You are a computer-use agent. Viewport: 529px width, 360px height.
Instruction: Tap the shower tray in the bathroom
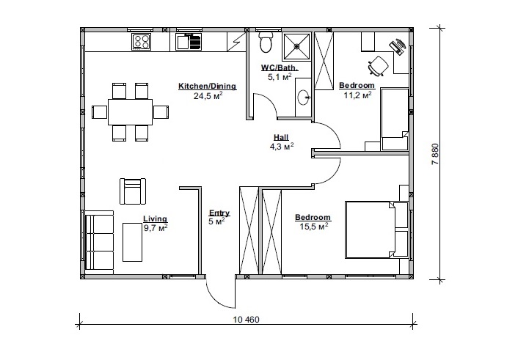coord(297,47)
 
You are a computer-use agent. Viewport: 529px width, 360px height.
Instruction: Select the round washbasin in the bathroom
coord(304,98)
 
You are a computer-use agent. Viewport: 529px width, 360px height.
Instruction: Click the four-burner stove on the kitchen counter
coord(142,42)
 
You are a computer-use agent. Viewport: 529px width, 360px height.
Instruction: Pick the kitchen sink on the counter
coord(189,42)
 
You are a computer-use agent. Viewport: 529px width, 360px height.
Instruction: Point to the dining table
coord(130,112)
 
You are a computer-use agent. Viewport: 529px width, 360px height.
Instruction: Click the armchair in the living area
coord(133,191)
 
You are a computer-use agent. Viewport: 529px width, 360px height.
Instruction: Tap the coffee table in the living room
coord(132,242)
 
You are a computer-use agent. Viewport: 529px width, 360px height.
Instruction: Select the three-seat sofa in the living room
coord(99,243)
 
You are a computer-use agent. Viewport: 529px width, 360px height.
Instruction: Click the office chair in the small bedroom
coord(378,65)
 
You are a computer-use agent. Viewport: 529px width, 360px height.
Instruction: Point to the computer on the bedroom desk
coord(398,46)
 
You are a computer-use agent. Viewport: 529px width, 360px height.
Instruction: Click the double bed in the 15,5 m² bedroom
coord(370,230)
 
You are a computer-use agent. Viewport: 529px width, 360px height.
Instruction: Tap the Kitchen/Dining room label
coord(207,86)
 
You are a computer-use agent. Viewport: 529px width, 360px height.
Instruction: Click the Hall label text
coord(281,137)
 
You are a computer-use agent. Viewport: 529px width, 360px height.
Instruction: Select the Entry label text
coord(219,213)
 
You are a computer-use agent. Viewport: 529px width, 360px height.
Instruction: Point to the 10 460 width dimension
coord(247,320)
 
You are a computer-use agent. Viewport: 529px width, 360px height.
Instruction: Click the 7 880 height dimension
coord(435,154)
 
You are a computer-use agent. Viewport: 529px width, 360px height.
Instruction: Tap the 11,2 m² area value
coord(357,95)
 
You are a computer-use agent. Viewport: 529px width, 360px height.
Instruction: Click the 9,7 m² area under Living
coord(156,228)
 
